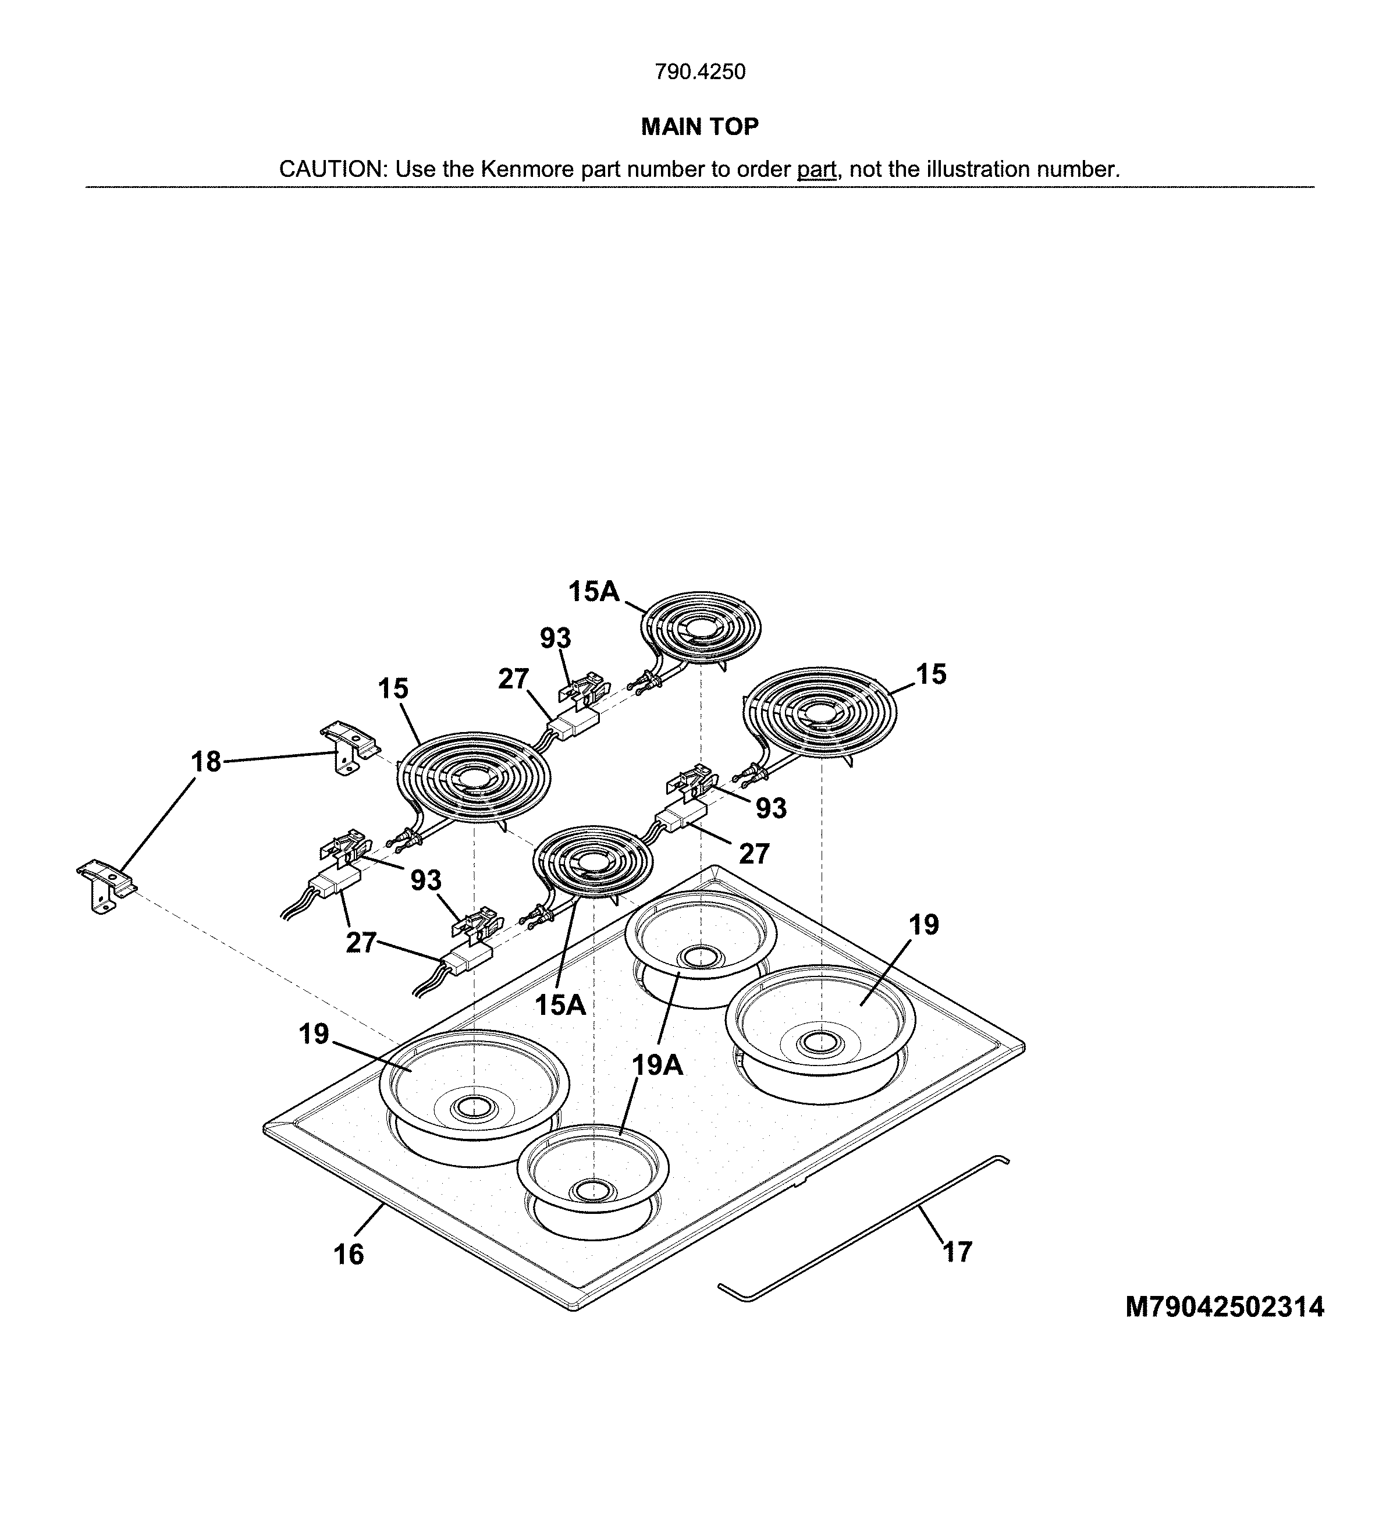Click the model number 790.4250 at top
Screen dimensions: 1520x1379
[x=699, y=72]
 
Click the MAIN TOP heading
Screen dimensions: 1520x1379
[x=699, y=127]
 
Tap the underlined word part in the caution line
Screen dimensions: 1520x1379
[x=816, y=170]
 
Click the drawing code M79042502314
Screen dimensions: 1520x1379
[x=1224, y=1306]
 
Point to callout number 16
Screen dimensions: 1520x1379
[x=349, y=1255]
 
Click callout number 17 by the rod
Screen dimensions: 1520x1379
[x=958, y=1252]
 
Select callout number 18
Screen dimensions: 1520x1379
[x=206, y=762]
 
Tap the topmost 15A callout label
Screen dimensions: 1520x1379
[x=593, y=592]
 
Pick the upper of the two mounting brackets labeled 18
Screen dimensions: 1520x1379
[x=346, y=747]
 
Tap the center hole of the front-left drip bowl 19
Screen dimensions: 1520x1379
[x=472, y=1107]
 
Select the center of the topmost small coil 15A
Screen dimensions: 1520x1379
[x=701, y=628]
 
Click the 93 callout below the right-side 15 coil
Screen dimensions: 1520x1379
[x=770, y=808]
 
